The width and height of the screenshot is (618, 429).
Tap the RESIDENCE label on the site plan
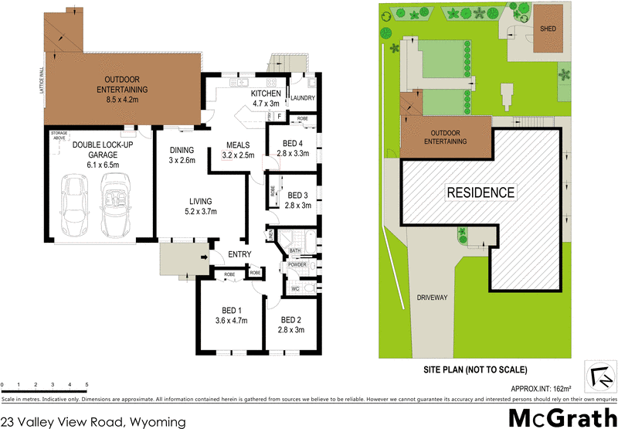480,192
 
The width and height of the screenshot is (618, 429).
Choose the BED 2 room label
290,319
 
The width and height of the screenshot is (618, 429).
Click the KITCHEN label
267,94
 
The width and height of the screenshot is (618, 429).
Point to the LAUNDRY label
301,98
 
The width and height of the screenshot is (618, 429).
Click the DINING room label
182,150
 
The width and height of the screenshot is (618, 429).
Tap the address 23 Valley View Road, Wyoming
93,421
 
